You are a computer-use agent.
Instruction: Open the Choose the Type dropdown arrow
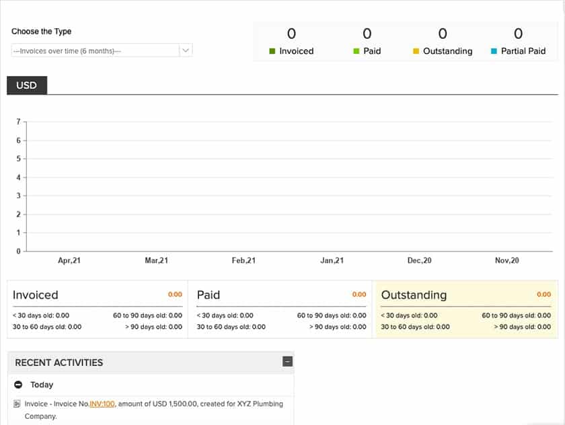[x=186, y=50]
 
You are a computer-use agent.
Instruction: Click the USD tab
[x=26, y=85]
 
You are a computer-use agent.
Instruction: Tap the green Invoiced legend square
[x=272, y=51]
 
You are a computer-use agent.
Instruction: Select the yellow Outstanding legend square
[x=416, y=51]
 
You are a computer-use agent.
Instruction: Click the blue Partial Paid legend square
[x=494, y=51]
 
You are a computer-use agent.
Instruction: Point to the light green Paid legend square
[x=356, y=51]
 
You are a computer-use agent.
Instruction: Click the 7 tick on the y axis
[x=18, y=122]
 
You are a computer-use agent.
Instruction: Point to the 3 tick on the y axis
[x=18, y=196]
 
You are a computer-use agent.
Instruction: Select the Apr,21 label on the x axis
[x=69, y=261]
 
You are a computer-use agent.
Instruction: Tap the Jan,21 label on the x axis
[x=332, y=261]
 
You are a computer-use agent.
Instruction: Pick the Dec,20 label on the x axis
[x=419, y=261]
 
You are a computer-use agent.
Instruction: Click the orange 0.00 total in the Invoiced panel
[x=175, y=295]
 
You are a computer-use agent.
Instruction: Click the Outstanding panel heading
[x=414, y=295]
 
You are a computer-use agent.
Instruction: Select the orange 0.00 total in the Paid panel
[x=359, y=295]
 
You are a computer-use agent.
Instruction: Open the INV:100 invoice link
[x=102, y=404]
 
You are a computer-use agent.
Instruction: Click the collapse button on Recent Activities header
[x=287, y=362]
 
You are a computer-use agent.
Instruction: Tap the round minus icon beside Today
[x=19, y=385]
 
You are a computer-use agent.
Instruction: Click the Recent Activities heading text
[x=59, y=362]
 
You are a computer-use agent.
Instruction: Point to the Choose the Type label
[x=41, y=32]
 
